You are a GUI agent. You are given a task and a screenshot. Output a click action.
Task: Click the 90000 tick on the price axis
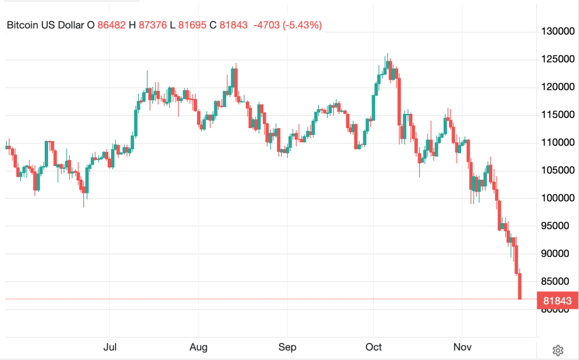pos(558,253)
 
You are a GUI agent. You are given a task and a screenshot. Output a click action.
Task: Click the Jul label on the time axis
pos(110,346)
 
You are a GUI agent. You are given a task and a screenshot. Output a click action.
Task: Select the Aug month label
pos(198,346)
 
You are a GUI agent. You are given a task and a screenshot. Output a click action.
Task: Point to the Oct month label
pos(373,346)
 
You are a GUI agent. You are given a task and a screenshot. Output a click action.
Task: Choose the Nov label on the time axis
pos(462,346)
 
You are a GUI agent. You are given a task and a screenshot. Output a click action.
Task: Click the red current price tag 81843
pos(557,300)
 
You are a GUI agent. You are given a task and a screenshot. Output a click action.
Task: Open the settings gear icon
pos(557,349)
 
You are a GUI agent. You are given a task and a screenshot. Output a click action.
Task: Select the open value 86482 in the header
pos(112,25)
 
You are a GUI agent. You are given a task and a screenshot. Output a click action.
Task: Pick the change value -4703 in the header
pos(265,25)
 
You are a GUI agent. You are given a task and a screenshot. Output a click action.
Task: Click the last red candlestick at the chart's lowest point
pos(520,286)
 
